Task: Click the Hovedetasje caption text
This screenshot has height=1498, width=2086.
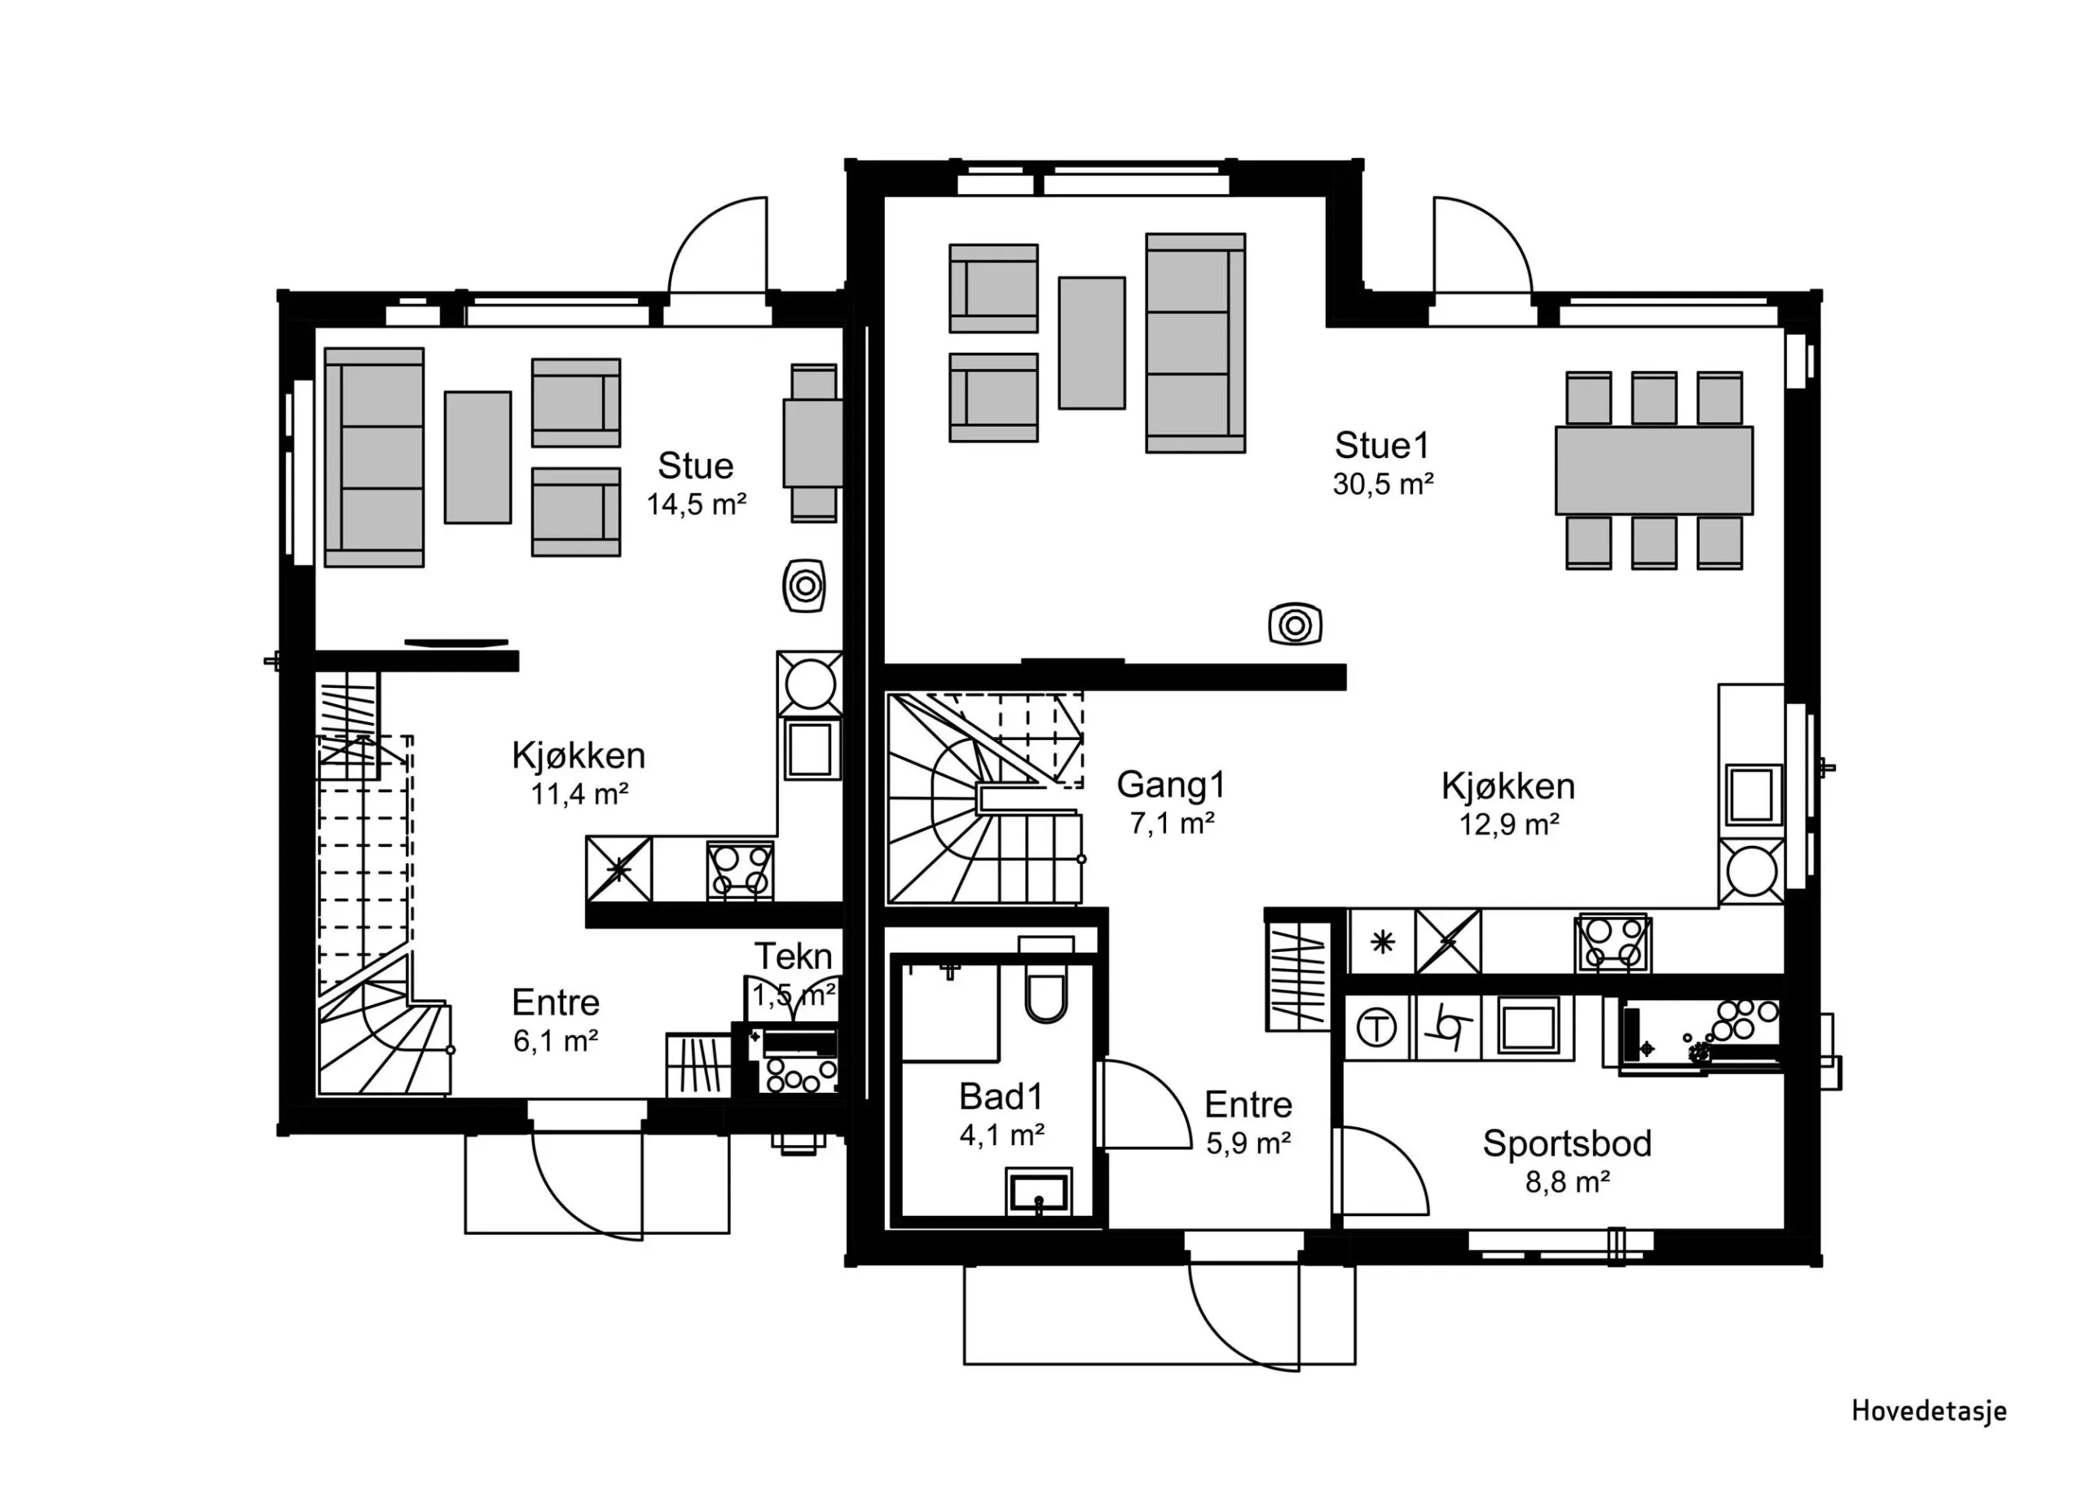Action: click(x=1929, y=1411)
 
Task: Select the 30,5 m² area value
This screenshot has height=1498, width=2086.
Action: click(x=1384, y=484)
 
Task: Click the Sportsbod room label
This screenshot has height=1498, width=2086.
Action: click(x=1567, y=1143)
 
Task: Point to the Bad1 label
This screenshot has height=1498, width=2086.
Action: click(x=1001, y=1097)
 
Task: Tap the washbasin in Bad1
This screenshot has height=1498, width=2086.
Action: click(x=1038, y=1192)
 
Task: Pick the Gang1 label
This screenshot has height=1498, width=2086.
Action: click(x=1171, y=785)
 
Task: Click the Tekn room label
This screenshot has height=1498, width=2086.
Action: click(x=793, y=957)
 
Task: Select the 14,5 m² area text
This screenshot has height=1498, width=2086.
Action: click(x=696, y=504)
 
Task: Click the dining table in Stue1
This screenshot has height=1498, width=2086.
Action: click(x=1653, y=470)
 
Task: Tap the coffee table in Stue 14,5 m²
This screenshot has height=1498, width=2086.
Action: click(x=477, y=457)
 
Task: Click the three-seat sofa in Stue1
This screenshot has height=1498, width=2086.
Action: click(x=1195, y=343)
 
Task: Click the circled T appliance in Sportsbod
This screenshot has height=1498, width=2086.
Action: click(x=1377, y=1029)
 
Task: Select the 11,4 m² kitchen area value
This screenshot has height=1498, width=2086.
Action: click(x=579, y=794)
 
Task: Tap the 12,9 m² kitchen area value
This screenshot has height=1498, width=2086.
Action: click(x=1509, y=825)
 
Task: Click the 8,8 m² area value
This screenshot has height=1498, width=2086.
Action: click(x=1567, y=1183)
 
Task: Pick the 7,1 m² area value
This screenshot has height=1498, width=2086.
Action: click(x=1172, y=823)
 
